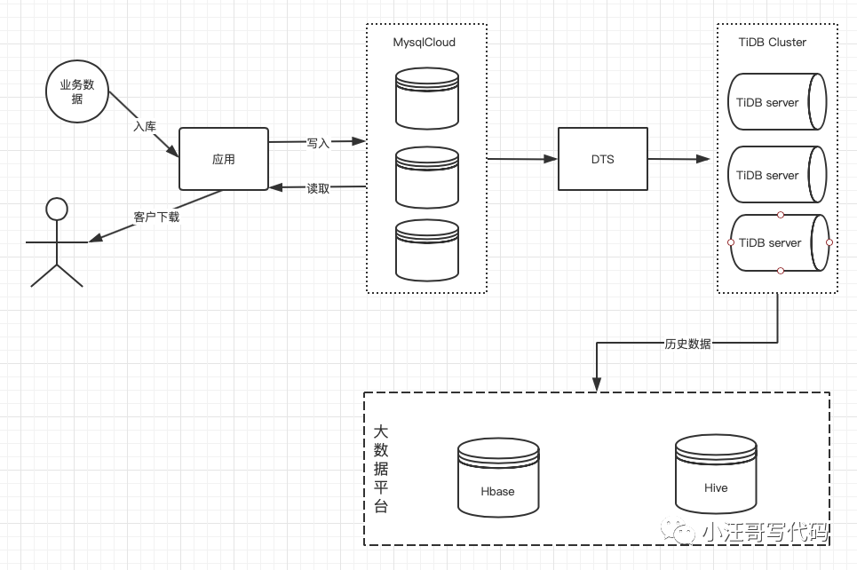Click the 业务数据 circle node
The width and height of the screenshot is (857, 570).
point(77,91)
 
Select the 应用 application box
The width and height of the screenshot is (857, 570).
point(224,159)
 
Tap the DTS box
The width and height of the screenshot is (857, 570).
point(603,159)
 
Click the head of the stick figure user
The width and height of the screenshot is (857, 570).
point(57,209)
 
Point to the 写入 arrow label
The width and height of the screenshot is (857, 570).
point(318,143)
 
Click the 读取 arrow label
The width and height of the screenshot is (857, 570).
point(318,188)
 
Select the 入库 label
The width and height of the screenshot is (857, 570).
point(145,126)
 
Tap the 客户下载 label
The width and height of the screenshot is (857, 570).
point(156,217)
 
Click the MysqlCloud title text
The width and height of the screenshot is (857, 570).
point(425,43)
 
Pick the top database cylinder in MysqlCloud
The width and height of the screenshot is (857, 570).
point(427,99)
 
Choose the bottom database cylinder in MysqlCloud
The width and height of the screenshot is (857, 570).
point(427,250)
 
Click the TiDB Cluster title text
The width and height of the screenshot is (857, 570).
point(773,42)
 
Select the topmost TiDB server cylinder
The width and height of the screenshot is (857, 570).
point(777,101)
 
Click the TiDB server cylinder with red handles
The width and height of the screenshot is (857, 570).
point(780,242)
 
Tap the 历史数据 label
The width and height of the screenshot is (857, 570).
point(687,344)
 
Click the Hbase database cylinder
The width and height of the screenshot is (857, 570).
point(498,478)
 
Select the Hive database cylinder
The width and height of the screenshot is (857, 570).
point(716,474)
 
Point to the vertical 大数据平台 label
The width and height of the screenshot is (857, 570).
point(381,469)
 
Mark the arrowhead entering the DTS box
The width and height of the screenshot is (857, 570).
point(551,159)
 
